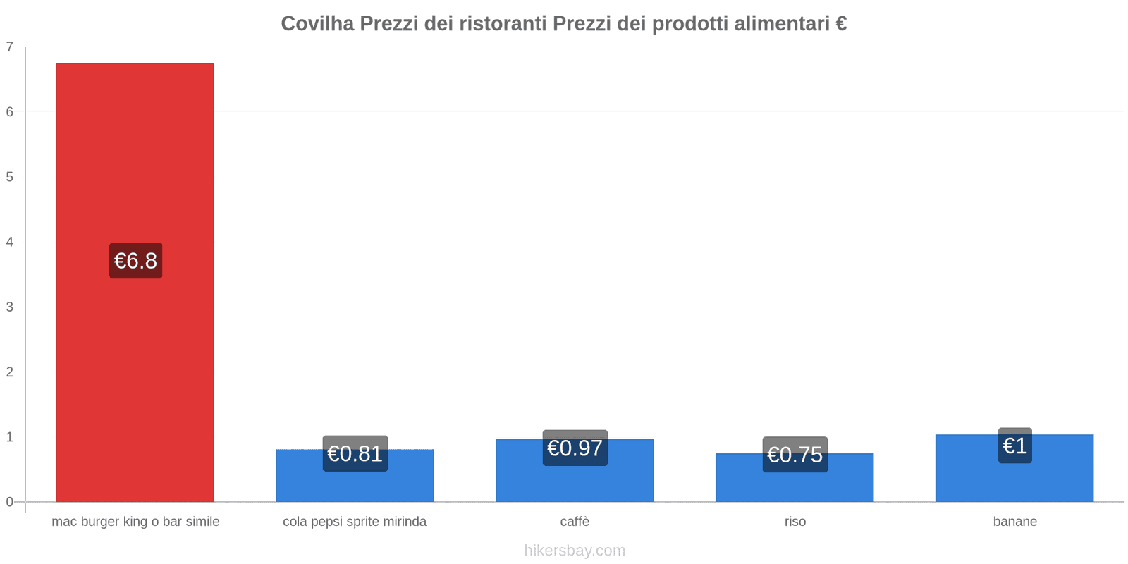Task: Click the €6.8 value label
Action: (x=135, y=261)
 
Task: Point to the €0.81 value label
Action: (x=355, y=454)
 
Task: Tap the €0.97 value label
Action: (x=575, y=448)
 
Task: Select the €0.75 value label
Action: (x=795, y=455)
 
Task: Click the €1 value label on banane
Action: (x=1014, y=446)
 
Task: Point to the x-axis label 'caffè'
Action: (x=575, y=522)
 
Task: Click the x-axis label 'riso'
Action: (x=795, y=522)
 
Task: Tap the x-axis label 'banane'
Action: (x=1014, y=522)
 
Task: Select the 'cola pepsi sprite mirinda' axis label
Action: (x=355, y=522)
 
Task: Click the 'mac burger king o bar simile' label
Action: (x=135, y=522)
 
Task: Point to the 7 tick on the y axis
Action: (x=10, y=47)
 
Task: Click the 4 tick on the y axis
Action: (x=10, y=242)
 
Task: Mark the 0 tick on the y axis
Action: (x=10, y=502)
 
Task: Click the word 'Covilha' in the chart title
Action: (x=317, y=24)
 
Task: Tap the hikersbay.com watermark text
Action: (x=575, y=551)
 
